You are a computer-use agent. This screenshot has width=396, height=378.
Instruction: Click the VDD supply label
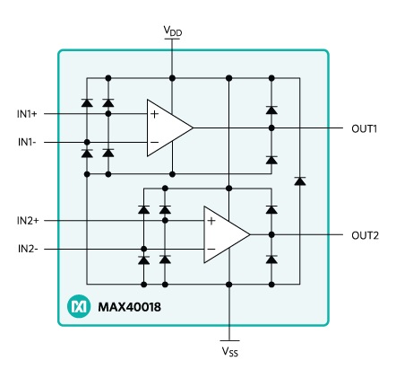pos(173,31)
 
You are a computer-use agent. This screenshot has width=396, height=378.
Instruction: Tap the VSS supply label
pos(230,351)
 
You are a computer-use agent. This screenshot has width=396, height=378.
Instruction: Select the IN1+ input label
pos(27,114)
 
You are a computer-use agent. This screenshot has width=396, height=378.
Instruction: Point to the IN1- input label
pos(27,142)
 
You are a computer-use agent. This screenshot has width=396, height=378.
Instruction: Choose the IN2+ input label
pos(28,221)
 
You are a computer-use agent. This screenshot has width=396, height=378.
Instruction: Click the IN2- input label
pos(28,249)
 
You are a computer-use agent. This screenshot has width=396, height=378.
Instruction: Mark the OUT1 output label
pos(365,128)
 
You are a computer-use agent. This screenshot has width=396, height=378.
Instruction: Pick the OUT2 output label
pos(365,235)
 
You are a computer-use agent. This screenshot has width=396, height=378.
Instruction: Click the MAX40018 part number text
pos(129,307)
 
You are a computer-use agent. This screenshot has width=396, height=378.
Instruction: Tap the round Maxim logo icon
pos(79,306)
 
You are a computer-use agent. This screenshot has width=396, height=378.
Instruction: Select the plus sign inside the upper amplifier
pos(154,114)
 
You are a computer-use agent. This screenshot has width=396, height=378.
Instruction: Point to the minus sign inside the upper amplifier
pos(154,142)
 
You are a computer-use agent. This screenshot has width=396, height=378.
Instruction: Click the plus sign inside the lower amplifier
pos(211,221)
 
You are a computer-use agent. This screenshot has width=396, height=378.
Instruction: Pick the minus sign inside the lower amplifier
pos(211,249)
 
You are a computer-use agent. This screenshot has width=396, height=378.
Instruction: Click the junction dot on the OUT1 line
pos(271,128)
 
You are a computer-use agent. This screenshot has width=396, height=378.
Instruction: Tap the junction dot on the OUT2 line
pos(271,234)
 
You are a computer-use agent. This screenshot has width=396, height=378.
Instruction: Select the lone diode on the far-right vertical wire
pos(300,181)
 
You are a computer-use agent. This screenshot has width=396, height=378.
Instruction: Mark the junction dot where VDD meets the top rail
pos(172,78)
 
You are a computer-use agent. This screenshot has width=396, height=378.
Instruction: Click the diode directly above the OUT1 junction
pos(271,110)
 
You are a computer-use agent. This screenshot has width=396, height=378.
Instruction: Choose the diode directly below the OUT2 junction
pos(271,259)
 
